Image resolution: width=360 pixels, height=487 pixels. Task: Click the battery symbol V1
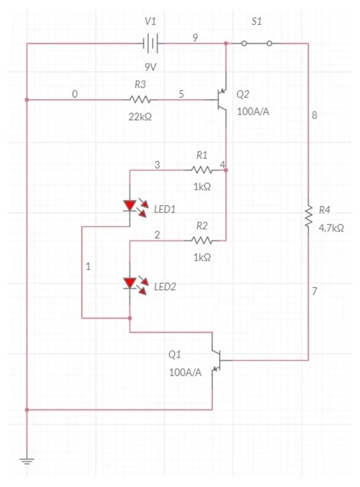[151, 43]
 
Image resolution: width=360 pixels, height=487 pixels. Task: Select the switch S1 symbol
[257, 43]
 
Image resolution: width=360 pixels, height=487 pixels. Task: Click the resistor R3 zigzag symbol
[140, 99]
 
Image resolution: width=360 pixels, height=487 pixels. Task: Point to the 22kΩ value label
[140, 116]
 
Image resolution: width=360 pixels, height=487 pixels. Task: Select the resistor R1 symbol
[201, 169]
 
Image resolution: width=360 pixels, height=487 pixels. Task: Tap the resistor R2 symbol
[201, 240]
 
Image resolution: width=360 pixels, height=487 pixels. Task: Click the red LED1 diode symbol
[130, 206]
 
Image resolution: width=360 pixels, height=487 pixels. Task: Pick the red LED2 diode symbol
[130, 283]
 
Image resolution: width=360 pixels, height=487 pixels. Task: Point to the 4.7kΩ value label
[331, 228]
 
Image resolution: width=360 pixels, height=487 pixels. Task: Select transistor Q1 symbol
[216, 361]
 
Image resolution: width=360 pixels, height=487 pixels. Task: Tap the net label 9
[195, 38]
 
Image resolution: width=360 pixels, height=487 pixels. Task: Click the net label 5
[181, 94]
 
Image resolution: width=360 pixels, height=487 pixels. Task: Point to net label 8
[315, 116]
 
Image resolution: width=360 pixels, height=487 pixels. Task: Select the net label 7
[315, 291]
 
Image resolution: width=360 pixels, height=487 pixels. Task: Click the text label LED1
[165, 209]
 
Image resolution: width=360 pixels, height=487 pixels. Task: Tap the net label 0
[75, 94]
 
